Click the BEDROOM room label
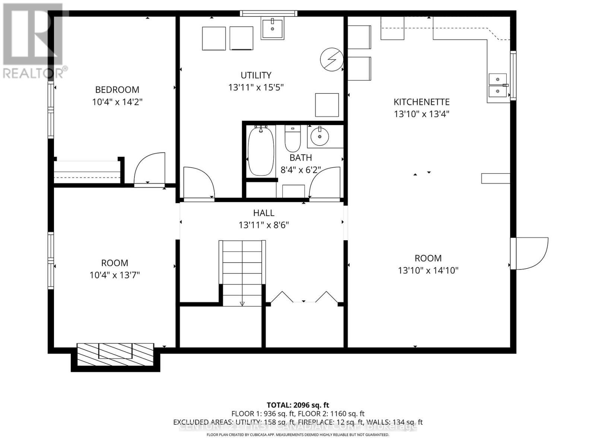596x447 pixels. point(117,90)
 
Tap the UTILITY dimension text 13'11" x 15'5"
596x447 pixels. point(256,88)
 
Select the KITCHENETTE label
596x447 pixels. point(421,102)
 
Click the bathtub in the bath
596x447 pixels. point(261,151)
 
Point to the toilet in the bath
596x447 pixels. point(293,138)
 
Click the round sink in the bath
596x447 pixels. point(320,136)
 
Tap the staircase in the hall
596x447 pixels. point(242,272)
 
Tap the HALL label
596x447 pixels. point(264,213)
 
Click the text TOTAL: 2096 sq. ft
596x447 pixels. point(298,405)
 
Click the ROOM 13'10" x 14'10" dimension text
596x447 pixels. point(428,270)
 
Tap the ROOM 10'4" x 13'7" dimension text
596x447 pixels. point(114,275)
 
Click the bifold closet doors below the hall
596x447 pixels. point(304,297)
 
